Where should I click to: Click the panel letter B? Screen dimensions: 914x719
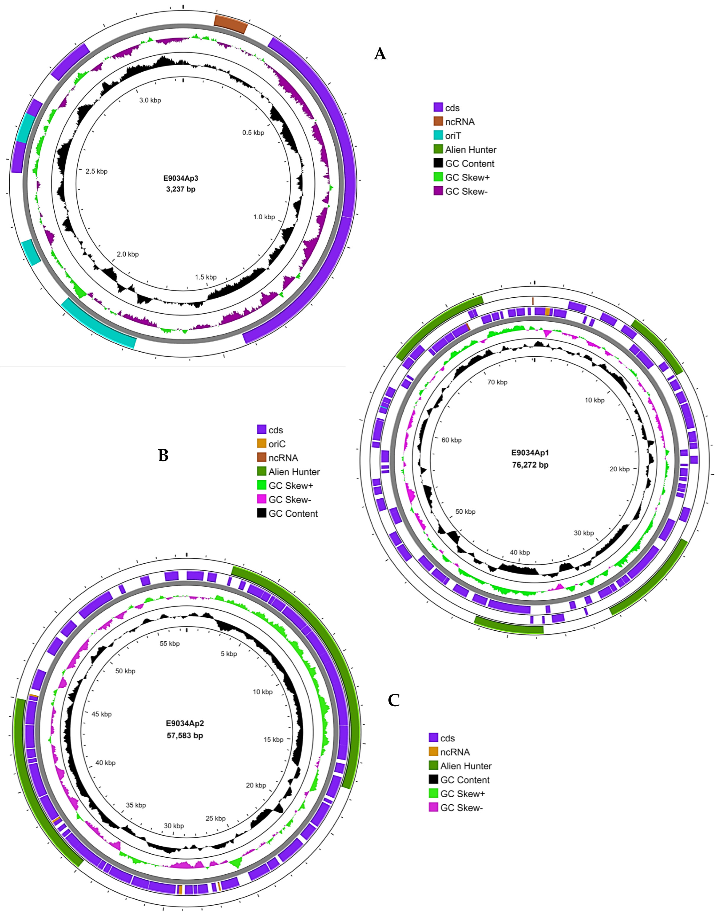tap(163, 455)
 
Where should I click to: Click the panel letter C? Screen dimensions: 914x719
tap(394, 700)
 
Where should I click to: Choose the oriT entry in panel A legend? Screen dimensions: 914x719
tap(453, 135)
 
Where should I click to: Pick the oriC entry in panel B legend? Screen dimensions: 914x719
tap(277, 444)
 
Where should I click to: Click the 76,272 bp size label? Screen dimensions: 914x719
tap(530, 465)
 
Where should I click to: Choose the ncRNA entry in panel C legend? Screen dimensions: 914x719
tap(455, 752)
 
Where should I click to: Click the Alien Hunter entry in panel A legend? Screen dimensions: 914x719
tap(470, 149)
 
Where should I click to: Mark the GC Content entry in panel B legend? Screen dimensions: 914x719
tap(293, 513)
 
